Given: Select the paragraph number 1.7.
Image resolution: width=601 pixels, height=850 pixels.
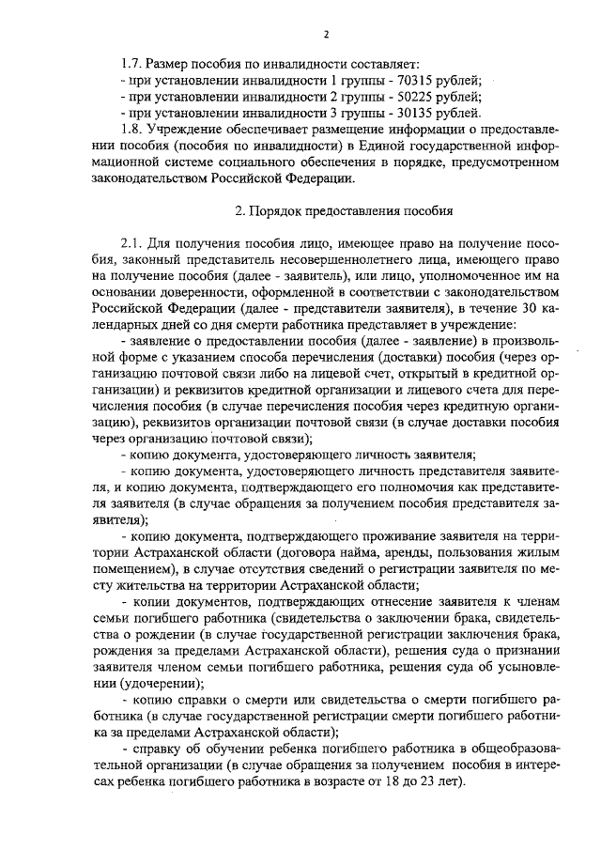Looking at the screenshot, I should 131,62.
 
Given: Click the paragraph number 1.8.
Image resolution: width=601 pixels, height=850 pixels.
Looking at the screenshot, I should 131,130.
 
